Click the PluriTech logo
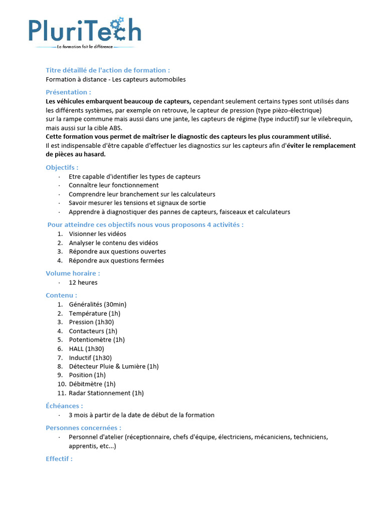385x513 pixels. [84, 30]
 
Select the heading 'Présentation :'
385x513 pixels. [68, 92]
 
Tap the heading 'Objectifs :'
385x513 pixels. [62, 167]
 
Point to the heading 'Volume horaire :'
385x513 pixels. [73, 273]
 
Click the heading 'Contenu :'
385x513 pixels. [61, 295]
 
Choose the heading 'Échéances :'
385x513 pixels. [64, 406]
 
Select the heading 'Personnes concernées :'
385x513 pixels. [83, 428]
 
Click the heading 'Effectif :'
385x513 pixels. [59, 458]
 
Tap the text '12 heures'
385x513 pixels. [83, 283]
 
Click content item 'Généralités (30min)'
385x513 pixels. [97, 305]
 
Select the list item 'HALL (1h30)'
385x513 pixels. [86, 349]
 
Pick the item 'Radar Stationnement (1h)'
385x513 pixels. [106, 393]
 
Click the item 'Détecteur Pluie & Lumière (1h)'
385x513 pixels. [113, 366]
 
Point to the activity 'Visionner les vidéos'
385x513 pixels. [97, 234]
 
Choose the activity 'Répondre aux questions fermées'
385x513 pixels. [116, 261]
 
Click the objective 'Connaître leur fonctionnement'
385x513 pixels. [113, 185]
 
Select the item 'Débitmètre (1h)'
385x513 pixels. [92, 384]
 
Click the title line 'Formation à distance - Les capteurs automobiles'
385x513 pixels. [116, 79]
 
